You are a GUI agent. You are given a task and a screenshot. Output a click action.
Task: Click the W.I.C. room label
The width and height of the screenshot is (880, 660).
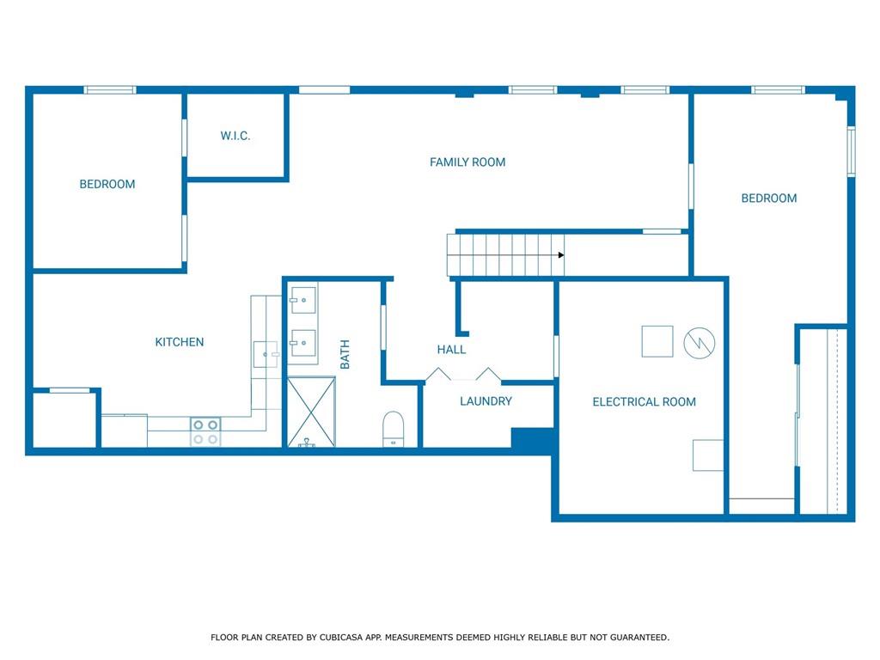(x=235, y=136)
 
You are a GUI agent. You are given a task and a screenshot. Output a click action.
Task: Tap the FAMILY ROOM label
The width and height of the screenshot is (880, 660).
(x=467, y=162)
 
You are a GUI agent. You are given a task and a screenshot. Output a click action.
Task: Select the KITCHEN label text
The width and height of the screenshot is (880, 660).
(x=180, y=342)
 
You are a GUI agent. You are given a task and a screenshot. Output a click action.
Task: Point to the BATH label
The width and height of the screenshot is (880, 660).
(x=345, y=354)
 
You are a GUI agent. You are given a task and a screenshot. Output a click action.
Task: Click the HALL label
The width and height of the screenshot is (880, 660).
(x=451, y=350)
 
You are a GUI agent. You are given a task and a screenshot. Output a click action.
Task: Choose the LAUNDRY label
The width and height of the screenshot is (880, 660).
(x=486, y=401)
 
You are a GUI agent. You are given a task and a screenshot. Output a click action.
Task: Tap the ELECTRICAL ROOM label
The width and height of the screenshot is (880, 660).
(x=645, y=402)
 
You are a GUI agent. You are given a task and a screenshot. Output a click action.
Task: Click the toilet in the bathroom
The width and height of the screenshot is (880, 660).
(x=393, y=430)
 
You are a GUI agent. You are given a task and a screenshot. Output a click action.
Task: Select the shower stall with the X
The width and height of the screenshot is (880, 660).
(x=311, y=412)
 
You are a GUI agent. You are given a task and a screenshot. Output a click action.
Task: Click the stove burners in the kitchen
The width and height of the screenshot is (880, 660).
(x=205, y=431)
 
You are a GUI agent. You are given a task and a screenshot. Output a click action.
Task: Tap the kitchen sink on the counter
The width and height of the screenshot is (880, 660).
(x=266, y=354)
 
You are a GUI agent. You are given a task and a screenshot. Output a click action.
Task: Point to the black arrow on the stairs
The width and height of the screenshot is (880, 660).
(x=560, y=255)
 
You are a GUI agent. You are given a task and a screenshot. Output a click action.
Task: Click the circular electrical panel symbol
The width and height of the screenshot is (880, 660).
(x=700, y=342)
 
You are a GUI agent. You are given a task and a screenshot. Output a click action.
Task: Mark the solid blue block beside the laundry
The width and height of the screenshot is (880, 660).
(x=533, y=439)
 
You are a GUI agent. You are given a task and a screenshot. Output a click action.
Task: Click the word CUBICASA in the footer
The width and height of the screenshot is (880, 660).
(x=341, y=637)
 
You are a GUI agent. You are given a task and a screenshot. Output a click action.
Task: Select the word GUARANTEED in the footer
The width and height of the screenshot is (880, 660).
(x=639, y=637)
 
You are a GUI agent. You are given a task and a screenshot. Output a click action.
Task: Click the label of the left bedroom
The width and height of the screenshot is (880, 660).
(x=107, y=184)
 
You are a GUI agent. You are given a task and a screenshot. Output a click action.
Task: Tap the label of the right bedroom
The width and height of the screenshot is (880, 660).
(x=769, y=199)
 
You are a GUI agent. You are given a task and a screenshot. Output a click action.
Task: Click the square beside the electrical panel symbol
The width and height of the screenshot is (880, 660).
(x=657, y=341)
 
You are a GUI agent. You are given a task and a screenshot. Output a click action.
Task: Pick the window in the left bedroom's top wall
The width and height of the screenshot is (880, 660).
(x=110, y=89)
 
